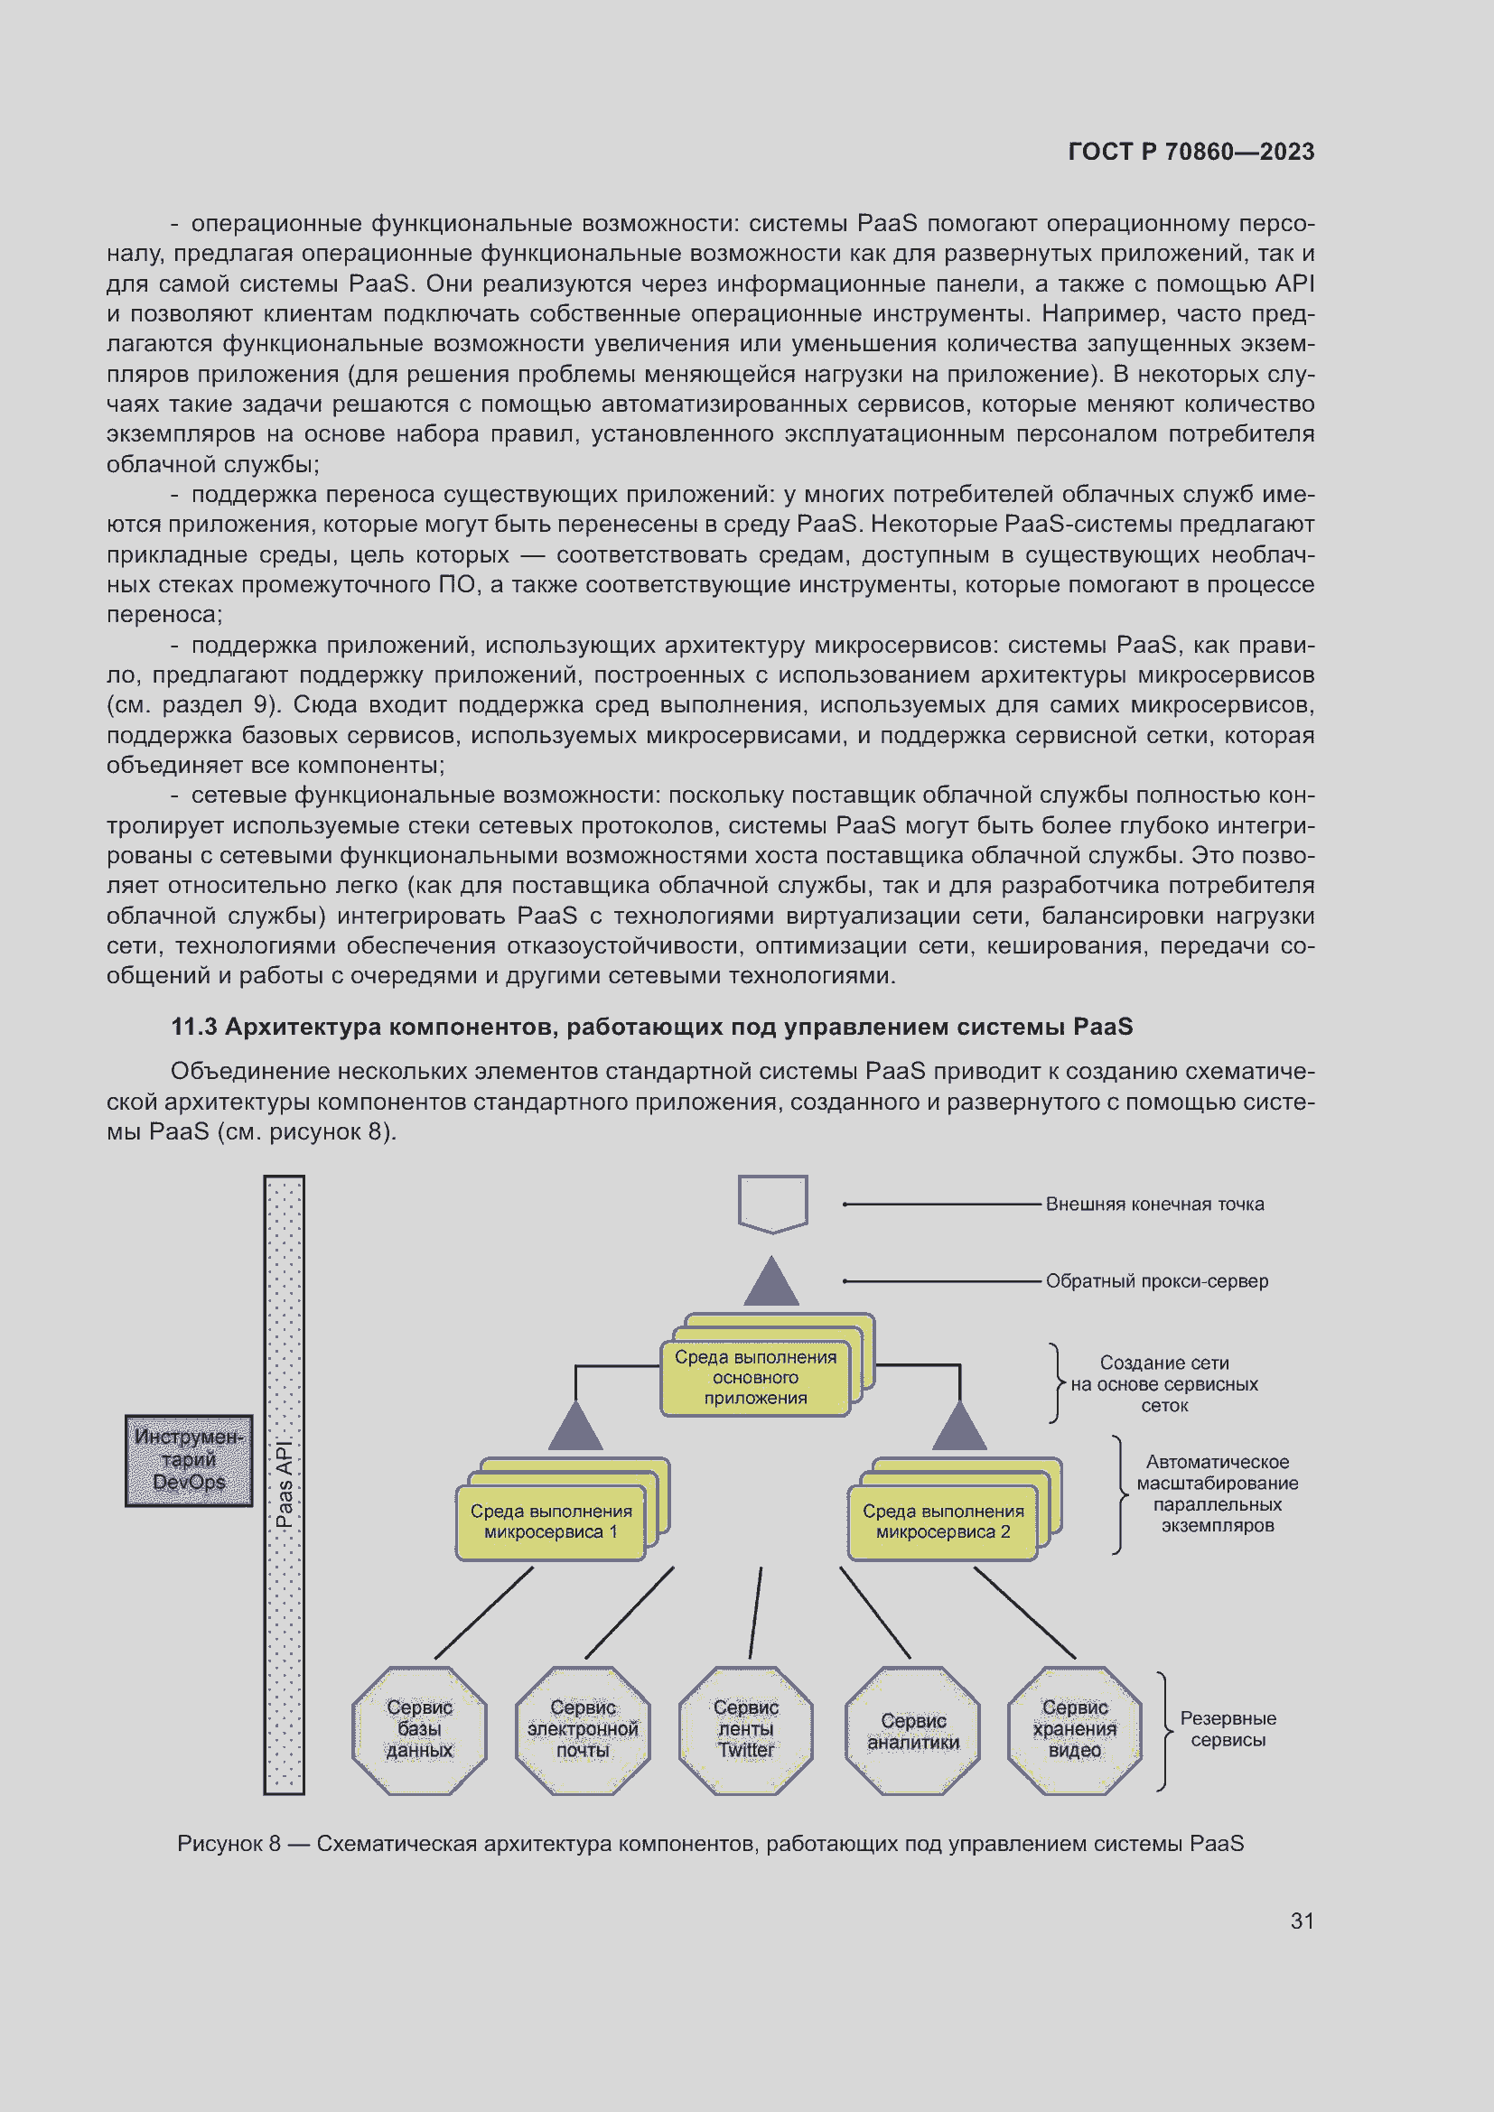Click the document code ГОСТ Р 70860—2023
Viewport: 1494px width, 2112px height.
1191,152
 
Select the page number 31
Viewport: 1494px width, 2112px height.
1302,1920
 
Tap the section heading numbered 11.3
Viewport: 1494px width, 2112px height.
651,1027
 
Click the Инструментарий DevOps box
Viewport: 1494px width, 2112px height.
189,1460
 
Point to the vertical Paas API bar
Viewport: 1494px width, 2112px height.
285,1484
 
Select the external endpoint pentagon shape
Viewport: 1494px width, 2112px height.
773,1202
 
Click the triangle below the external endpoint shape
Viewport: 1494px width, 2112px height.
770,1283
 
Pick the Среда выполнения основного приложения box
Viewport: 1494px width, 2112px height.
755,1377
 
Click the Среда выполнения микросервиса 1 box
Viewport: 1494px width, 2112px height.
551,1521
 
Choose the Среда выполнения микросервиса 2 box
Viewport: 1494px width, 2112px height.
943,1521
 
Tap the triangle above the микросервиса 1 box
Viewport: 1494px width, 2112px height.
576,1428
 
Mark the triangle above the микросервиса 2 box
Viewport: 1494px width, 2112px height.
959,1428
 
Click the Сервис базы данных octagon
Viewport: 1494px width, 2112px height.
419,1728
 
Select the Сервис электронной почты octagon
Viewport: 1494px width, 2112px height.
584,1728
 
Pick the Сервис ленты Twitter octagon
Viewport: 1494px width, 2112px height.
746,1728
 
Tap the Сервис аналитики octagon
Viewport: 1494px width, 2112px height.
912,1730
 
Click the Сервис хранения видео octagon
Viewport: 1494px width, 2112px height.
1075,1728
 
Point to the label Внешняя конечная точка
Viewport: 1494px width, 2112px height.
1154,1205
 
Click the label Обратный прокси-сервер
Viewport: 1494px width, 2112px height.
1156,1280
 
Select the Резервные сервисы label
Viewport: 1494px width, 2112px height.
1228,1728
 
